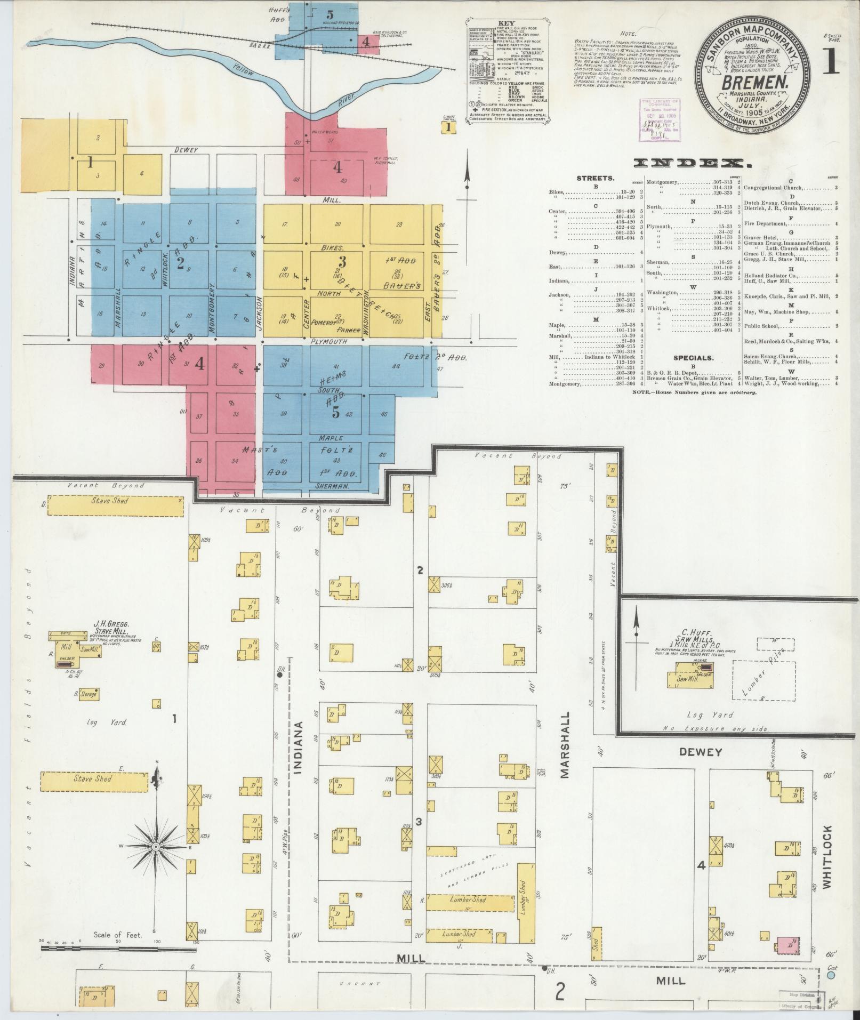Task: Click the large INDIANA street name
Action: (298, 756)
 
